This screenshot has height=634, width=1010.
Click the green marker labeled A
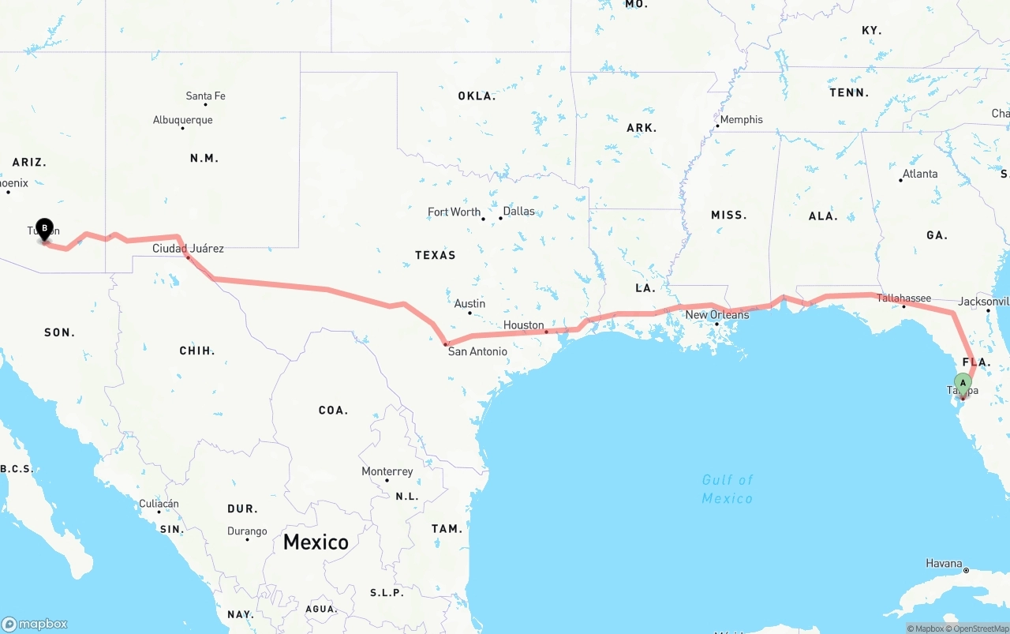coord(963,384)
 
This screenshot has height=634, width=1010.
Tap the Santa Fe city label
coord(205,96)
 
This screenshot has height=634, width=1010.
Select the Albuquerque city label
coord(182,121)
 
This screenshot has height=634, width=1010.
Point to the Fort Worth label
coord(454,212)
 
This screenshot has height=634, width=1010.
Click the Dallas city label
coord(518,212)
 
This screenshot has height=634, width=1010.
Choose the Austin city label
coord(469,304)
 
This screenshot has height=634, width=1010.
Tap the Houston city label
coord(524,325)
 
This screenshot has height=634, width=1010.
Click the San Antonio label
coord(477,351)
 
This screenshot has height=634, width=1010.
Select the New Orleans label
coord(716,315)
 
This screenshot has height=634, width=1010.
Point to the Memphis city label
coord(742,120)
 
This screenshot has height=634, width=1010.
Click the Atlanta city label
coord(920,174)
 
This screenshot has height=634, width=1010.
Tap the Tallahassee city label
coord(904,298)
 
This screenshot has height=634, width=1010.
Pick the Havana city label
coord(944,564)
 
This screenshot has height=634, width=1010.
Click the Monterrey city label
coord(387,472)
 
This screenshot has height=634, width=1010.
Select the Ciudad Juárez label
coord(188,249)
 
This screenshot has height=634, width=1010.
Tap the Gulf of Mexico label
coord(727,489)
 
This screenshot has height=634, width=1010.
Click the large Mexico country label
coord(316,542)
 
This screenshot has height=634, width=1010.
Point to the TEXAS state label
coord(436,255)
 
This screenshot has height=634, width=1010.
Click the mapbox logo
coord(35,624)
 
